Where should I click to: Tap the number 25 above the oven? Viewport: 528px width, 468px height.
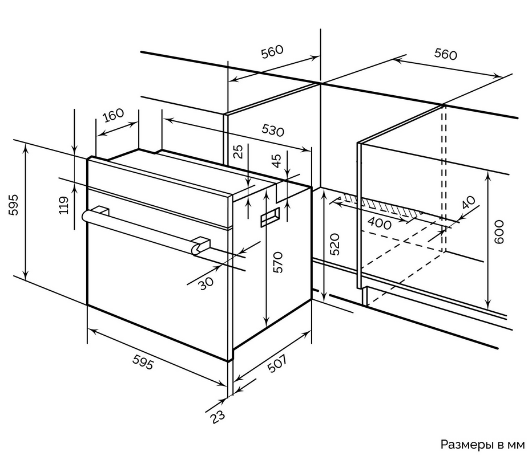click(x=239, y=151)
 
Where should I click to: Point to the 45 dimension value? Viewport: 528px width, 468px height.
click(x=276, y=161)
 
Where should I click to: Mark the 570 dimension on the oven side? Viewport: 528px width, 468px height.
click(x=277, y=262)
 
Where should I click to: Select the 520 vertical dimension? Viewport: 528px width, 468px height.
click(x=335, y=244)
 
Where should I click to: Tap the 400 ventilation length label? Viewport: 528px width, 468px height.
click(x=380, y=223)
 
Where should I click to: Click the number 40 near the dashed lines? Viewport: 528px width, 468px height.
click(x=467, y=204)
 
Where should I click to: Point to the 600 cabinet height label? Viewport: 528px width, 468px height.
click(x=499, y=233)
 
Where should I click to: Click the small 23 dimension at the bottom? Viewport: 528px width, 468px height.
click(x=218, y=417)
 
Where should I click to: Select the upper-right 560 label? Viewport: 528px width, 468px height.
click(x=445, y=54)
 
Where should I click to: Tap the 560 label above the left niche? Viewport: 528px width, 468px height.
click(x=272, y=52)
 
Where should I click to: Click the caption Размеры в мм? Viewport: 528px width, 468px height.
click(x=481, y=444)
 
